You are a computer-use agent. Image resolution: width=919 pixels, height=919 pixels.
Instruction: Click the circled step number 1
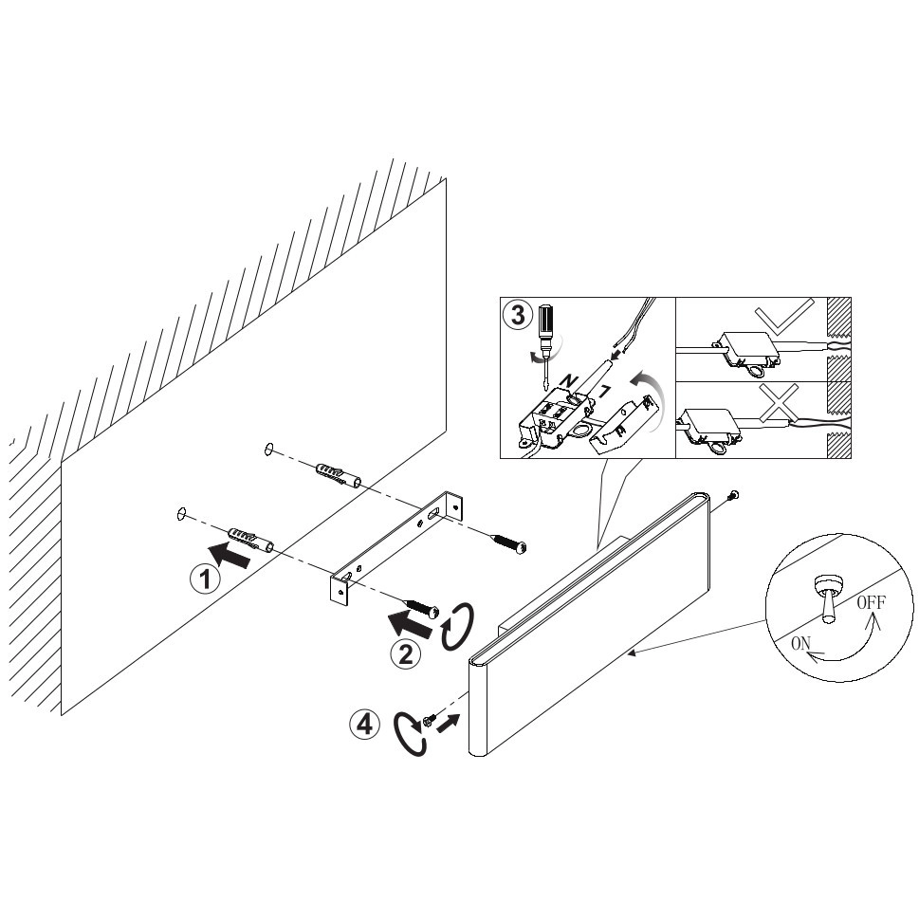[205, 579]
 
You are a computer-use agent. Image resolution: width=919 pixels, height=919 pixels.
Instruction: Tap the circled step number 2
[406, 653]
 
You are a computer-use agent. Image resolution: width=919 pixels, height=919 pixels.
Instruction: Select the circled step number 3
[518, 315]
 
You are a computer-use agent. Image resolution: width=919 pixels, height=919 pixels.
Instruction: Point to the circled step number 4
[364, 725]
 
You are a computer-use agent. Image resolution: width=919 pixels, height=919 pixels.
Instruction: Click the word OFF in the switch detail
[871, 602]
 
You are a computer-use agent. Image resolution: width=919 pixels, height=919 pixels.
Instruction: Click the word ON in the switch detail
[801, 644]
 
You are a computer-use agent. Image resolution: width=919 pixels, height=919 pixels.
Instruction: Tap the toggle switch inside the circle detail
[829, 598]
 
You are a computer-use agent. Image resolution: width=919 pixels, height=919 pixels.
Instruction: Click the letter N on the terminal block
[567, 381]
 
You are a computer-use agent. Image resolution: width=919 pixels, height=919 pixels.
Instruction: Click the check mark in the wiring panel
[784, 317]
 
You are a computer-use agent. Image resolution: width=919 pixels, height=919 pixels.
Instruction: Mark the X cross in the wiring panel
[779, 403]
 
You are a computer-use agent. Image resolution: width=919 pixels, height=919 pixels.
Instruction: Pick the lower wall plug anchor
[249, 540]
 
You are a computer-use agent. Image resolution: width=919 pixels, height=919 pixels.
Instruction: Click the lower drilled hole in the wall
[180, 514]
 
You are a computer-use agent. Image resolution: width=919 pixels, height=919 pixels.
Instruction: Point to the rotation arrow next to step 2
[457, 627]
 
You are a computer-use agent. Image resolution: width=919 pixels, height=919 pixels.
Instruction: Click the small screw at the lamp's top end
[732, 495]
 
